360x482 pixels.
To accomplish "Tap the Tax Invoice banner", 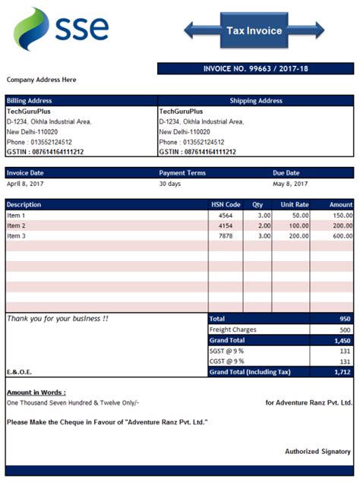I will click(x=254, y=31).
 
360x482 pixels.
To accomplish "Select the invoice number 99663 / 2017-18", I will click(x=255, y=69).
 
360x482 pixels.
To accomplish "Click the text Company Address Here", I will click(x=42, y=80).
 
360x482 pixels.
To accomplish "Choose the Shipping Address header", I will click(x=256, y=100).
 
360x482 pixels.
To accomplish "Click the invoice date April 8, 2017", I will click(x=26, y=184).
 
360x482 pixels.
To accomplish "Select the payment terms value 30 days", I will click(x=171, y=184).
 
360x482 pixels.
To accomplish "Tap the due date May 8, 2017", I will click(x=290, y=184).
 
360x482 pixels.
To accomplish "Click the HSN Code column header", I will click(x=226, y=204).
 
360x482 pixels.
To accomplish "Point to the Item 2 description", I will click(x=17, y=225).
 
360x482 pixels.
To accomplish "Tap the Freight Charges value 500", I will click(x=344, y=330).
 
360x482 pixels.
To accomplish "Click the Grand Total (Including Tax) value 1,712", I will click(x=342, y=373).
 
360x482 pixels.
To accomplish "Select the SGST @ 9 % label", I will click(x=227, y=351).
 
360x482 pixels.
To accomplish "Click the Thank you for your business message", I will click(x=58, y=319).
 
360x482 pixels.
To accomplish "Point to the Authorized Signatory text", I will click(x=317, y=452).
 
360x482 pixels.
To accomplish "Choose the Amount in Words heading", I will click(x=36, y=392).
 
